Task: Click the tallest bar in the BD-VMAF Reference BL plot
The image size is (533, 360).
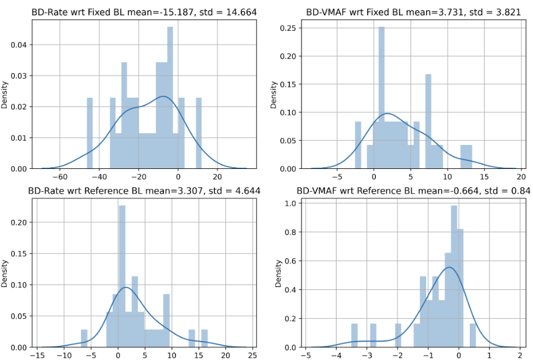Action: click(x=454, y=276)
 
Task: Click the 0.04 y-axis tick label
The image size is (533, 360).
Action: click(x=19, y=45)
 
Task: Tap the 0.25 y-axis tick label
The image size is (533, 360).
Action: click(x=284, y=28)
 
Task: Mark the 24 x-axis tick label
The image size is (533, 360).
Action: click(x=252, y=354)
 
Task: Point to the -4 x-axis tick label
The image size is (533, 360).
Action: click(x=335, y=354)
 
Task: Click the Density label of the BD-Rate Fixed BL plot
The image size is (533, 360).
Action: click(x=5, y=96)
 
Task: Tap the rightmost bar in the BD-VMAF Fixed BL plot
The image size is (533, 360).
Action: click(x=466, y=157)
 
